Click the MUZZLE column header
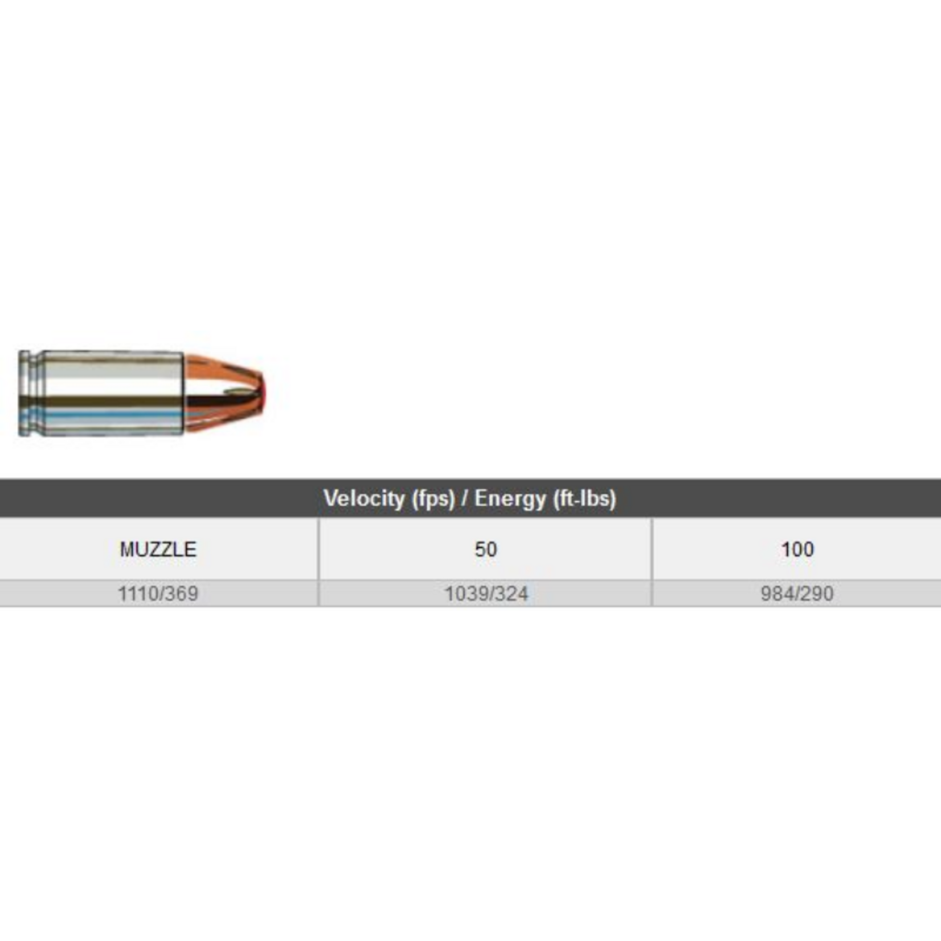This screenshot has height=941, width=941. (x=158, y=549)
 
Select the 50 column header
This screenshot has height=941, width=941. (x=485, y=549)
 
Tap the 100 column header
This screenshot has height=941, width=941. (x=797, y=549)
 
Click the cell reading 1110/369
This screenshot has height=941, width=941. (x=158, y=594)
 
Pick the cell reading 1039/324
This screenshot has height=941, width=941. (x=486, y=594)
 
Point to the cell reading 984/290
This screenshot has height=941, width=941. (x=797, y=594)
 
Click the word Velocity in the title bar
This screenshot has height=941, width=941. (x=363, y=498)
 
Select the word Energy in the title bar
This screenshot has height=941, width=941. (x=510, y=498)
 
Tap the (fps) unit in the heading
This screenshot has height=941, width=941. (x=433, y=498)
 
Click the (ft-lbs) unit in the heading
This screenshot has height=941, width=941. (x=584, y=498)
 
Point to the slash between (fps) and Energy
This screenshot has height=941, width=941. (x=464, y=498)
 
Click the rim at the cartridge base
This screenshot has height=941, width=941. (x=24, y=393)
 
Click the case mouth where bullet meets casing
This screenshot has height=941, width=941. (x=184, y=393)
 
